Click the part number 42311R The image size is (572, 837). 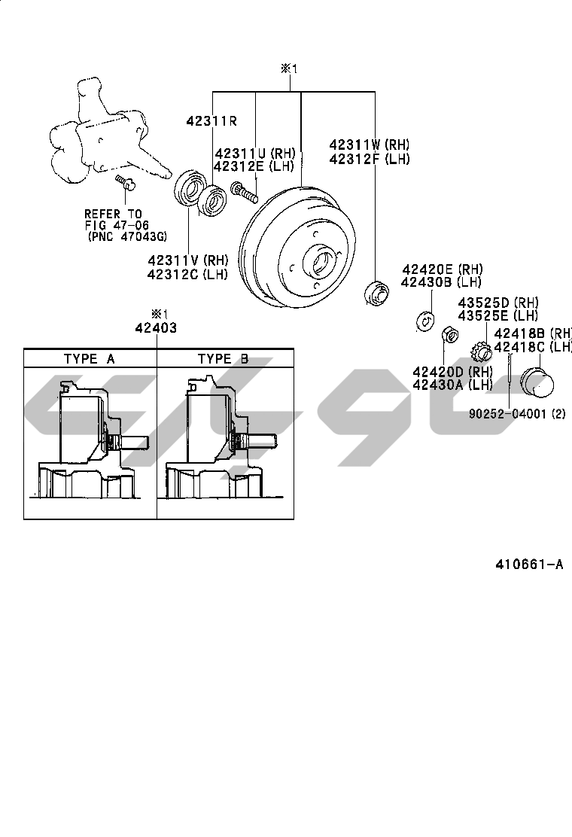[x=211, y=120]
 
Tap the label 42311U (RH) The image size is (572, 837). [x=255, y=154]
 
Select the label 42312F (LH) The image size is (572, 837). [x=370, y=159]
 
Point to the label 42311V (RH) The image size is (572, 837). [x=188, y=260]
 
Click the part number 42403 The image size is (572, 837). [x=156, y=327]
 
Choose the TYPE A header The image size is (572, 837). [x=90, y=359]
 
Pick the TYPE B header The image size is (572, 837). [x=223, y=359]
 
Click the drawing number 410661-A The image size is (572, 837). [x=529, y=565]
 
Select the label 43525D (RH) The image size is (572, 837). [x=498, y=303]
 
